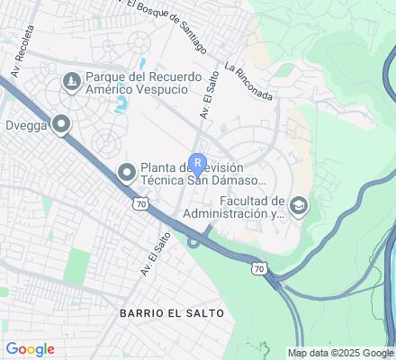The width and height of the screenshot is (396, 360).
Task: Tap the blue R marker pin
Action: click(197, 166)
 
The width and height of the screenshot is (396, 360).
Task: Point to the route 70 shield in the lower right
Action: click(258, 268)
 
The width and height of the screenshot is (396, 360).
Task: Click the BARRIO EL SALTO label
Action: click(169, 312)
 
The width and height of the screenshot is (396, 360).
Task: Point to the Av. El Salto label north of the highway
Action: click(210, 95)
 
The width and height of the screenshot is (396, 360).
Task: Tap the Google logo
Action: click(30, 349)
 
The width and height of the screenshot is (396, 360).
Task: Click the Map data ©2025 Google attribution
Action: click(341, 353)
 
